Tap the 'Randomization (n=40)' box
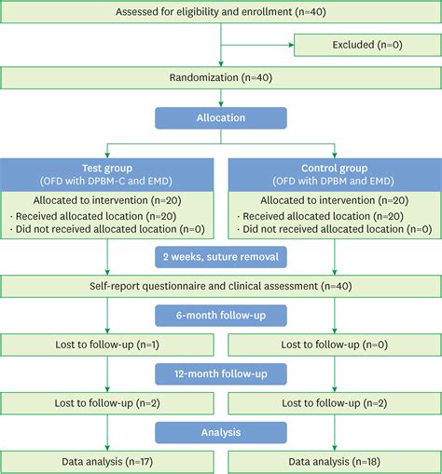220,77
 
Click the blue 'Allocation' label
220,119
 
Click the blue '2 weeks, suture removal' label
220,255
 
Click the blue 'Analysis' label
220,432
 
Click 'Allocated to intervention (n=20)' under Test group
108,199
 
